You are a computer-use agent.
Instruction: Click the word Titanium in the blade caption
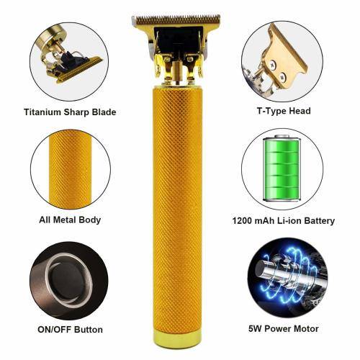tap(42, 112)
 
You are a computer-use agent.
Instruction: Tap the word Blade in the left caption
tap(104, 112)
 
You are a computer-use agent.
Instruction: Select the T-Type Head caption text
tap(284, 111)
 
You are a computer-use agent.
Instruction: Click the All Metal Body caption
tap(70, 220)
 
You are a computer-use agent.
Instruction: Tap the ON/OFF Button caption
tap(70, 330)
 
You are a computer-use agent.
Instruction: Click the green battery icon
tap(282, 168)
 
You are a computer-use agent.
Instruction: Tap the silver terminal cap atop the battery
tap(282, 136)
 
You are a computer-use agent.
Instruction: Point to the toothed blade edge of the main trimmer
tap(176, 19)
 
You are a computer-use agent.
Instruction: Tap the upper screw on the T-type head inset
tap(272, 64)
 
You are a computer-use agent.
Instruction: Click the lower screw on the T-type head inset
tap(283, 76)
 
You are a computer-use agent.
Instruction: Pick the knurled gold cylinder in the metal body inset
tap(70, 169)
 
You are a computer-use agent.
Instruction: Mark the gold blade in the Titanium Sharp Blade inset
tap(79, 70)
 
